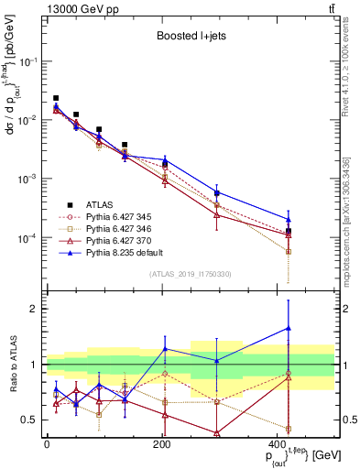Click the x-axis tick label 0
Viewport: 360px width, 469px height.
point(47,444)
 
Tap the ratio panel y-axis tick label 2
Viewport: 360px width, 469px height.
point(34,309)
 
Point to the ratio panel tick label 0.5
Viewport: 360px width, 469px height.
point(29,420)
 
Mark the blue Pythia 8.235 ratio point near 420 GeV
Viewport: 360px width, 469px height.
point(289,327)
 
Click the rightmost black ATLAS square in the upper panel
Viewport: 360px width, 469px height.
point(289,231)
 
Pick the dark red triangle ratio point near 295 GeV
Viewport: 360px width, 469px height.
point(217,432)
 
